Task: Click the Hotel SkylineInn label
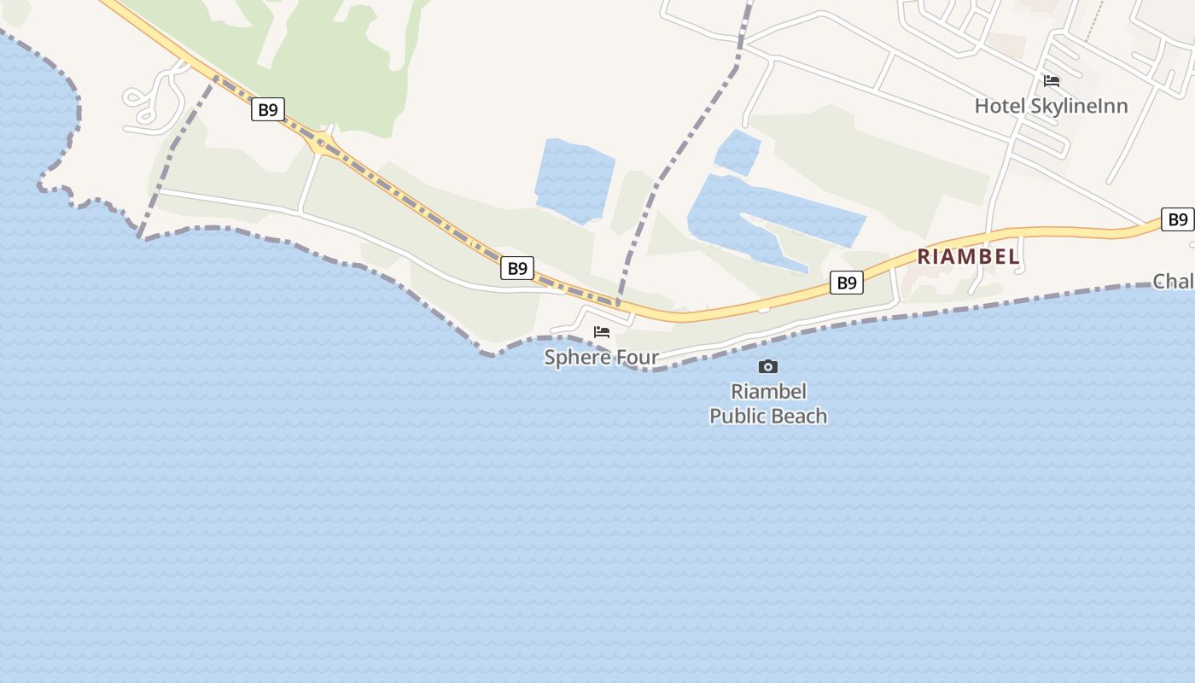point(1051,106)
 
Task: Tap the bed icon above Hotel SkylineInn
point(1052,81)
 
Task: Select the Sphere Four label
point(601,357)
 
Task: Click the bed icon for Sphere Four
point(602,332)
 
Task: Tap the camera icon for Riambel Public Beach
point(768,366)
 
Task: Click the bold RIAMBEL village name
point(968,256)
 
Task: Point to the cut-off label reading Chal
point(1173,281)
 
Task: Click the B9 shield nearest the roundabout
point(268,109)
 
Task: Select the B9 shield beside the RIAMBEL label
point(846,283)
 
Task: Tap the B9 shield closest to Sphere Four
point(517,268)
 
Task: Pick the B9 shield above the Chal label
point(1178,219)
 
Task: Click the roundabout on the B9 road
point(322,143)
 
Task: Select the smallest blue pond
point(737,152)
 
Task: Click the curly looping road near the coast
point(154,98)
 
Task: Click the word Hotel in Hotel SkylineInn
point(998,106)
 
